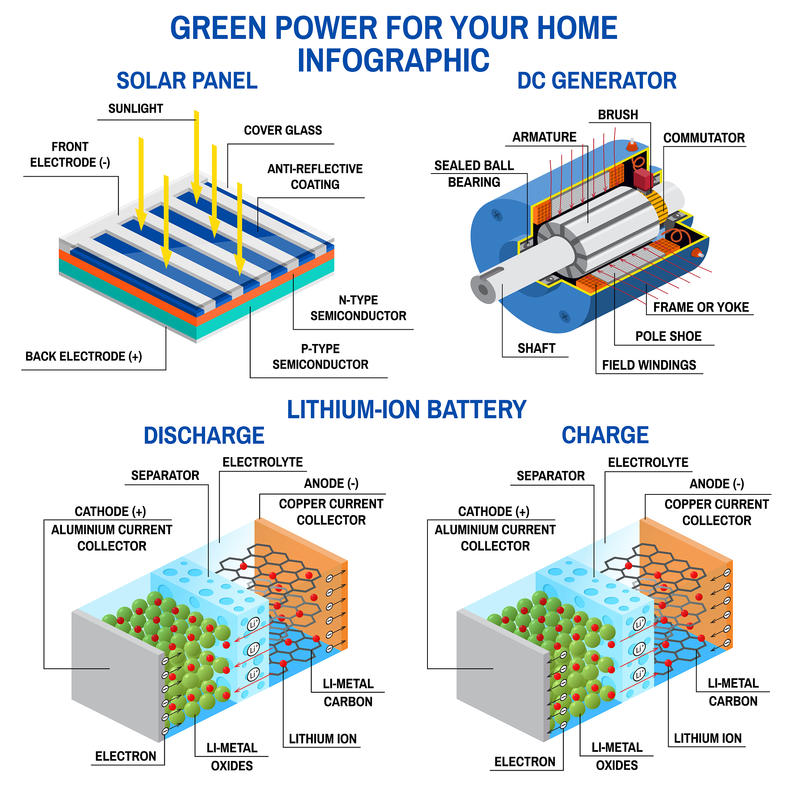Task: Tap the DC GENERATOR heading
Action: pyautogui.click(x=597, y=80)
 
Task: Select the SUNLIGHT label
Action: pyautogui.click(x=135, y=109)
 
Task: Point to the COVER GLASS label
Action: pyautogui.click(x=283, y=130)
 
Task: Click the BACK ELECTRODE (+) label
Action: pyautogui.click(x=83, y=356)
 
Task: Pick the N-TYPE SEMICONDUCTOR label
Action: pyautogui.click(x=358, y=307)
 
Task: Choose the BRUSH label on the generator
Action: pyautogui.click(x=618, y=115)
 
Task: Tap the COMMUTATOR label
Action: pyautogui.click(x=704, y=138)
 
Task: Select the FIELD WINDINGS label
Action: pyautogui.click(x=649, y=365)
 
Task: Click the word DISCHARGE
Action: pyautogui.click(x=204, y=435)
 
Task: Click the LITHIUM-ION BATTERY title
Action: pyautogui.click(x=407, y=409)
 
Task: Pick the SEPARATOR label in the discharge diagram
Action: pyautogui.click(x=165, y=475)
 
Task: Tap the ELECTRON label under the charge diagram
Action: pyautogui.click(x=525, y=761)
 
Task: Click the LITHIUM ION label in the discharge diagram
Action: pyautogui.click(x=322, y=739)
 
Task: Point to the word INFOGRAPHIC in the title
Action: pyautogui.click(x=394, y=60)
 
